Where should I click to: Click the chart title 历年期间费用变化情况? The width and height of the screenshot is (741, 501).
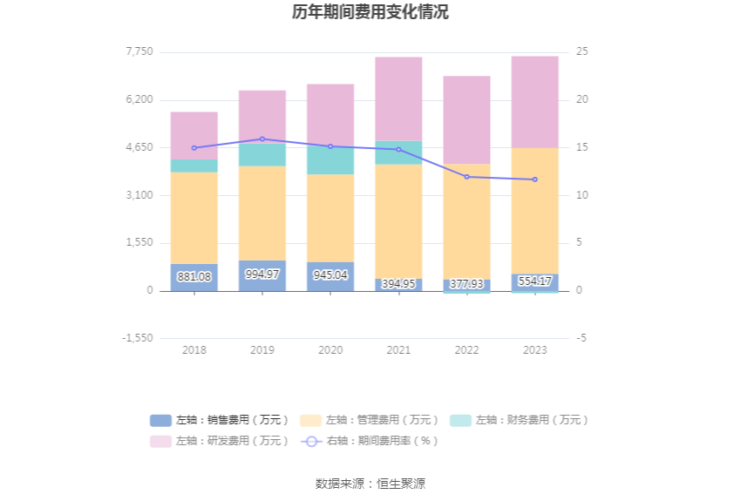(370, 13)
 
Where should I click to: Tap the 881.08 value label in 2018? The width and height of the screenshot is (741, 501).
(194, 277)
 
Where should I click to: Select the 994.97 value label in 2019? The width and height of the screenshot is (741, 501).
(262, 274)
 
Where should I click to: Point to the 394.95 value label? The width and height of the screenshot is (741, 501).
(398, 284)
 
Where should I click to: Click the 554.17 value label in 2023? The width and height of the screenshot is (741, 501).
(534, 281)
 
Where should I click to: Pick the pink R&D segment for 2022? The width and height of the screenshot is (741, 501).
(466, 120)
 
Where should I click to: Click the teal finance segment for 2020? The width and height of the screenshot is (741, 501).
(330, 160)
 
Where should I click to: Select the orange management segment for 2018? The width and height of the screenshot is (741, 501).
(194, 218)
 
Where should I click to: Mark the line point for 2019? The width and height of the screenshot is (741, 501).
(262, 139)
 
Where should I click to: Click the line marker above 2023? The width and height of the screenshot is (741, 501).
(534, 179)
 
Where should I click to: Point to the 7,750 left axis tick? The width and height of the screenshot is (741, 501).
(139, 52)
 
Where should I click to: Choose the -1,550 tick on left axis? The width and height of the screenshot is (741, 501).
(137, 338)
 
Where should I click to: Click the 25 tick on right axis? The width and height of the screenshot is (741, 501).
(582, 52)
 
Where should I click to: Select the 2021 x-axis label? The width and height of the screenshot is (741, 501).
(398, 350)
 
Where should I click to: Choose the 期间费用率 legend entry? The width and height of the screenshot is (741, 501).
(370, 441)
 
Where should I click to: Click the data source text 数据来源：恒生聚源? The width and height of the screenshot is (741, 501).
(370, 484)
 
